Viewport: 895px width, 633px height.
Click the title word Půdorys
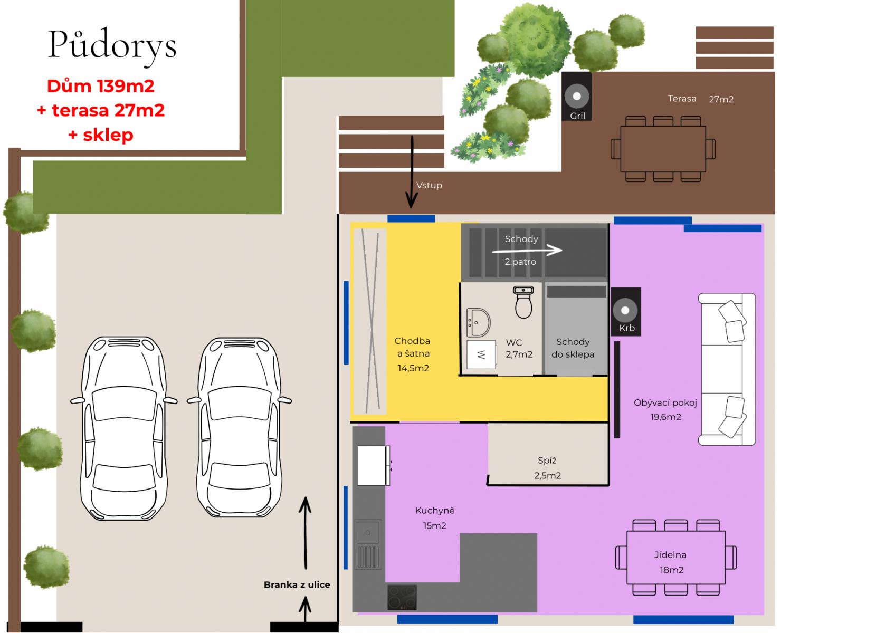pyautogui.click(x=112, y=45)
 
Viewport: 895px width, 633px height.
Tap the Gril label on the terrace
pyautogui.click(x=577, y=116)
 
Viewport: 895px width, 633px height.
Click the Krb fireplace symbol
pyautogui.click(x=626, y=311)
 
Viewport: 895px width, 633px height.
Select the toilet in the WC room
pyautogui.click(x=523, y=302)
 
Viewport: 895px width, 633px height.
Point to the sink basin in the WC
pyautogui.click(x=478, y=322)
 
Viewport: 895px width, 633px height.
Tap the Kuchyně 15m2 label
pyautogui.click(x=435, y=518)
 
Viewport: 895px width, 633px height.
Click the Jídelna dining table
pyautogui.click(x=676, y=558)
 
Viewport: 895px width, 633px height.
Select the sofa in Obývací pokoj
pyautogui.click(x=727, y=369)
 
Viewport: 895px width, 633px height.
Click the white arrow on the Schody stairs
pyautogui.click(x=527, y=251)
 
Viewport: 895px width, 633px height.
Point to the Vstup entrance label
pyautogui.click(x=429, y=185)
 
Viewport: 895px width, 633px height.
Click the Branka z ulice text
pyautogui.click(x=297, y=584)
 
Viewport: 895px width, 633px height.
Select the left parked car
pyautogui.click(x=124, y=428)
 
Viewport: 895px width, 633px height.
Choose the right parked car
pyautogui.click(x=240, y=427)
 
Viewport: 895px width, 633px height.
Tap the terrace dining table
pyautogui.click(x=663, y=149)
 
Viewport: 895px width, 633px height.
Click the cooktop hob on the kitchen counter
pyautogui.click(x=402, y=597)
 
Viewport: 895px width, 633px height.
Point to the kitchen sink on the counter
pyautogui.click(x=368, y=532)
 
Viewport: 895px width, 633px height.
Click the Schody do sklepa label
pyautogui.click(x=573, y=348)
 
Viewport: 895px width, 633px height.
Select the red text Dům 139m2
pyautogui.click(x=101, y=87)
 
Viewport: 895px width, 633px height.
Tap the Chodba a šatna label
pyautogui.click(x=413, y=354)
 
